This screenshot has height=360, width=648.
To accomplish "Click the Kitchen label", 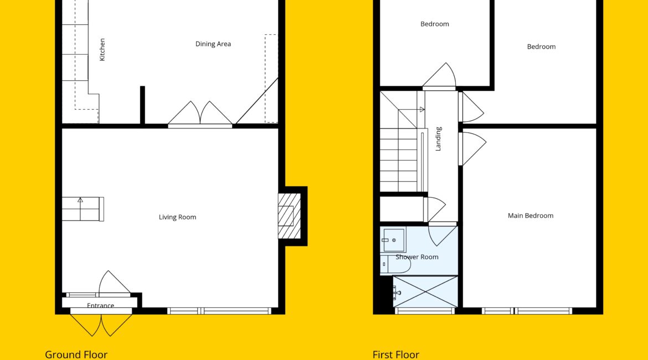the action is [x=102, y=50].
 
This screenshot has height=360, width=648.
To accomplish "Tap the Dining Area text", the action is [x=213, y=44].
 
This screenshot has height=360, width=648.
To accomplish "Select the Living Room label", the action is [x=177, y=217].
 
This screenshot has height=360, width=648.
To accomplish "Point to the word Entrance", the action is [x=100, y=305].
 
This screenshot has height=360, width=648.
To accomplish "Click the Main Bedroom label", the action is [x=531, y=215].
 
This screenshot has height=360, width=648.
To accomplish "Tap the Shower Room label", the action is [x=417, y=256].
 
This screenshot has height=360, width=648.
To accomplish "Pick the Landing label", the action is [x=438, y=139].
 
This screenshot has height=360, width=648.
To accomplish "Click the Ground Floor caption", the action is [x=76, y=354].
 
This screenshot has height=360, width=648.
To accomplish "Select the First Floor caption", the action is [x=396, y=354].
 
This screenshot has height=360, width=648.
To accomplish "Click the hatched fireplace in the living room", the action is [x=289, y=216].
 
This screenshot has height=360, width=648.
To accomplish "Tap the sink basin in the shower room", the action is [x=393, y=240].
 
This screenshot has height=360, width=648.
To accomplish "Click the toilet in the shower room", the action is [x=395, y=265].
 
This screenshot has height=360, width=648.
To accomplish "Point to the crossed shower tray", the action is [x=425, y=292].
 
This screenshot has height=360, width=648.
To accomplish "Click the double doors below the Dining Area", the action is [x=200, y=114].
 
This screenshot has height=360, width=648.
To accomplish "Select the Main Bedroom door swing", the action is [x=472, y=148].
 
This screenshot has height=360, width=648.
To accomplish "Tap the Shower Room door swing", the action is [x=442, y=234].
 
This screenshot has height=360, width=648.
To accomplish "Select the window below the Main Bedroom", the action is [x=527, y=311].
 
